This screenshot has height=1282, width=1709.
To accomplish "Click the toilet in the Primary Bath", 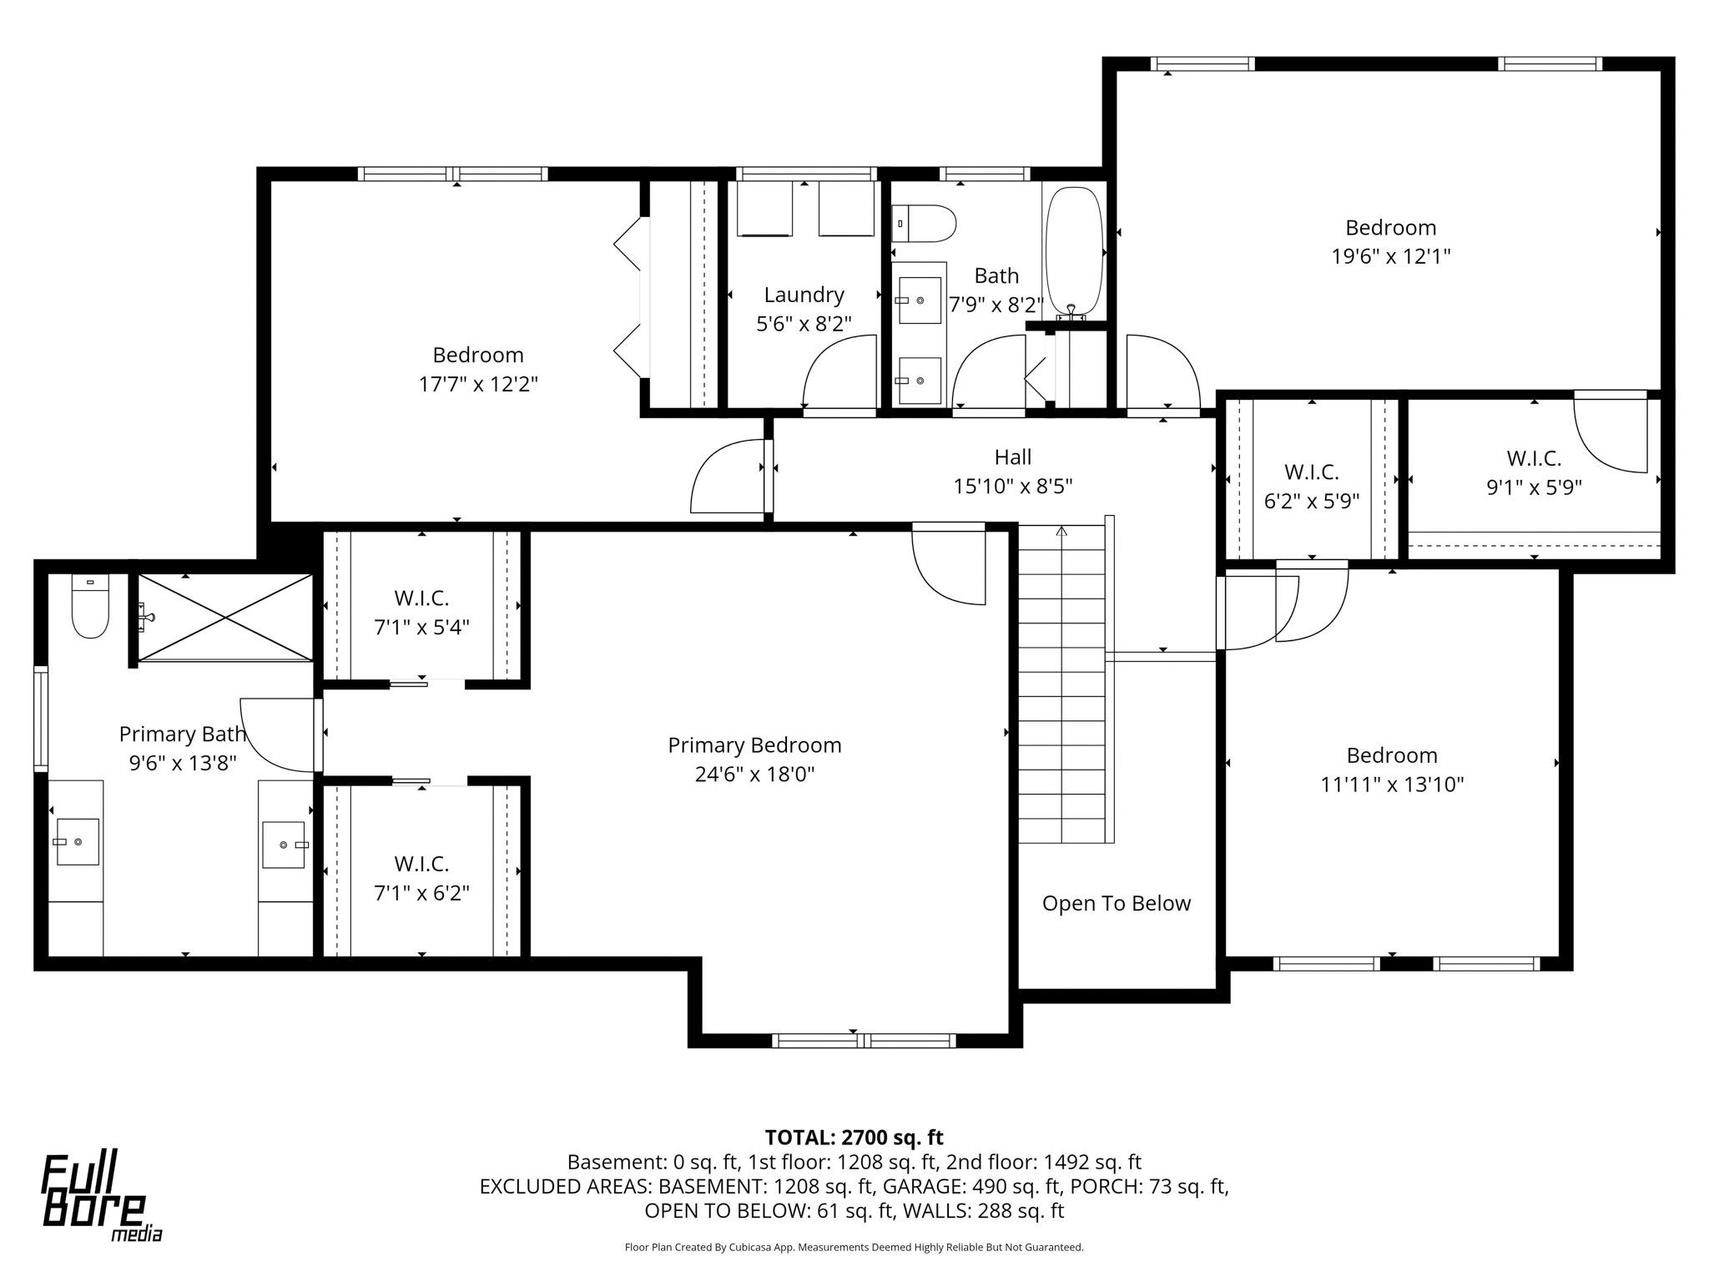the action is click(x=90, y=606).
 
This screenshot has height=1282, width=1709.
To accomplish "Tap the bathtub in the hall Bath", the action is click(x=1075, y=252).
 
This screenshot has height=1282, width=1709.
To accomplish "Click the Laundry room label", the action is click(x=804, y=295).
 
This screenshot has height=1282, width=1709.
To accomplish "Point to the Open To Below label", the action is click(x=1116, y=903).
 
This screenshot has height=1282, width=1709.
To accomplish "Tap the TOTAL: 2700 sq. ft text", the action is click(x=854, y=1137).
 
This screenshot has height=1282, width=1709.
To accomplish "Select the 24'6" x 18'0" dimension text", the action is click(x=754, y=775).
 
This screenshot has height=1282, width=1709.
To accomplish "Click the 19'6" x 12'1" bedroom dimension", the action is click(x=1390, y=256).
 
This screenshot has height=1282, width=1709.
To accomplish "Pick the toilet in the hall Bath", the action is click(x=924, y=224).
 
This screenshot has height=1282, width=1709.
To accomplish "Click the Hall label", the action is click(x=1012, y=457).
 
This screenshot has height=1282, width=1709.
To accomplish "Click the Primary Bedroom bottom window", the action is click(x=864, y=1040).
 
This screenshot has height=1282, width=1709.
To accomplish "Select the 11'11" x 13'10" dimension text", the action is click(x=1392, y=785).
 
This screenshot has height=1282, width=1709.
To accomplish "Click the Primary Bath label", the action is click(x=183, y=734).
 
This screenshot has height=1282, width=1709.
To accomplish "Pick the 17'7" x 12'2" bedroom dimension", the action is click(x=478, y=384).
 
